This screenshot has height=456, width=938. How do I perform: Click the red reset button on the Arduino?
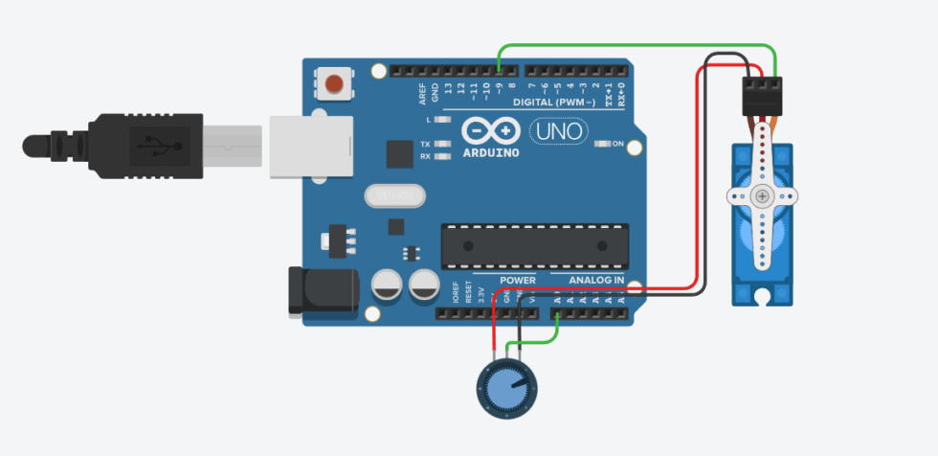(x=335, y=83)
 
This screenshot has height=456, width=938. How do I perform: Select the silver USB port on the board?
(x=304, y=146)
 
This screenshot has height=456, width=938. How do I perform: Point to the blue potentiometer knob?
(x=507, y=389)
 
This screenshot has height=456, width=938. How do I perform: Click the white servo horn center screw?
(x=762, y=196)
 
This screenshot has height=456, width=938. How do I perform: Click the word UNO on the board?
(x=560, y=130)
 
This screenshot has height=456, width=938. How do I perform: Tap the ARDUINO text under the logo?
(x=491, y=152)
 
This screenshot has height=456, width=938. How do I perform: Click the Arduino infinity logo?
(x=490, y=131)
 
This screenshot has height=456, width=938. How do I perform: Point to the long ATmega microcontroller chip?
(x=535, y=245)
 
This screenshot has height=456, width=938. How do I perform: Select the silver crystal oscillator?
(x=393, y=195)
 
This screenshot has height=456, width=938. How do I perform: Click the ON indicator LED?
(x=603, y=144)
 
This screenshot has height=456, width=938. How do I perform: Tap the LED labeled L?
(x=441, y=120)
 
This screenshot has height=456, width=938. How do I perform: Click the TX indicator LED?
(x=441, y=145)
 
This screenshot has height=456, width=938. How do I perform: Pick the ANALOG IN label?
(x=596, y=280)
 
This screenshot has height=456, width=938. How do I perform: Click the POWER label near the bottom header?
(x=518, y=280)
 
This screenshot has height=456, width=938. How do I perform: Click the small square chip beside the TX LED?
(x=399, y=153)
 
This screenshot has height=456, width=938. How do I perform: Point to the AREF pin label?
(x=422, y=94)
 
